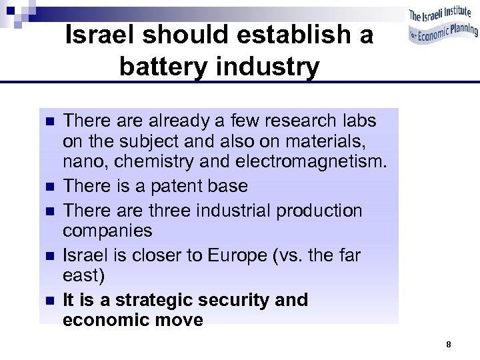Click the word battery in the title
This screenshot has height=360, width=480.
click(163, 66)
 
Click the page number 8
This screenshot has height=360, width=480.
click(449, 345)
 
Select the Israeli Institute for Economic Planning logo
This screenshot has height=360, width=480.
click(443, 27)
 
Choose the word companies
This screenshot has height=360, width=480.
click(107, 231)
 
